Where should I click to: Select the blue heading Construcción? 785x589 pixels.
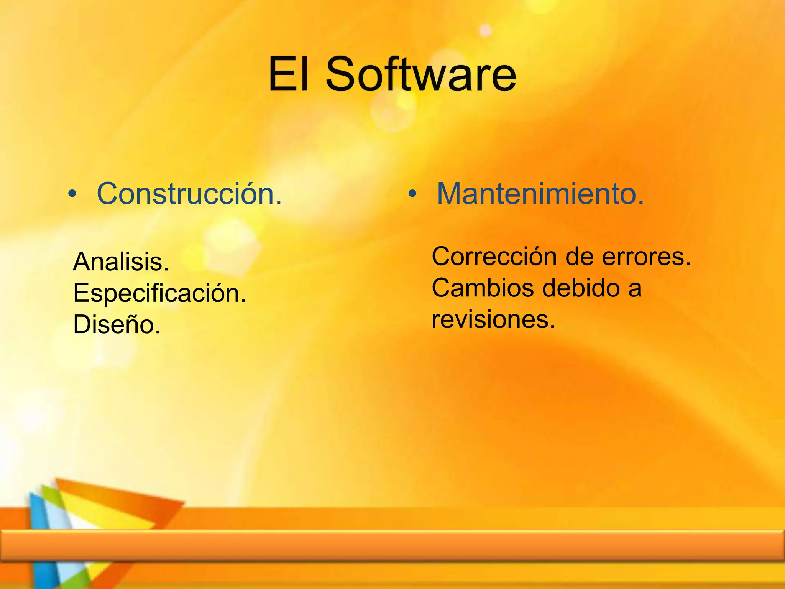189,194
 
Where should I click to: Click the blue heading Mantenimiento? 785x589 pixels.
540,194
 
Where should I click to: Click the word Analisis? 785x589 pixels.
121,262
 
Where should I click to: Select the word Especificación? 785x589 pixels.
159,293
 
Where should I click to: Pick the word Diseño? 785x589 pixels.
117,325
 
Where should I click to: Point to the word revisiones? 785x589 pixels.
493,319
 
